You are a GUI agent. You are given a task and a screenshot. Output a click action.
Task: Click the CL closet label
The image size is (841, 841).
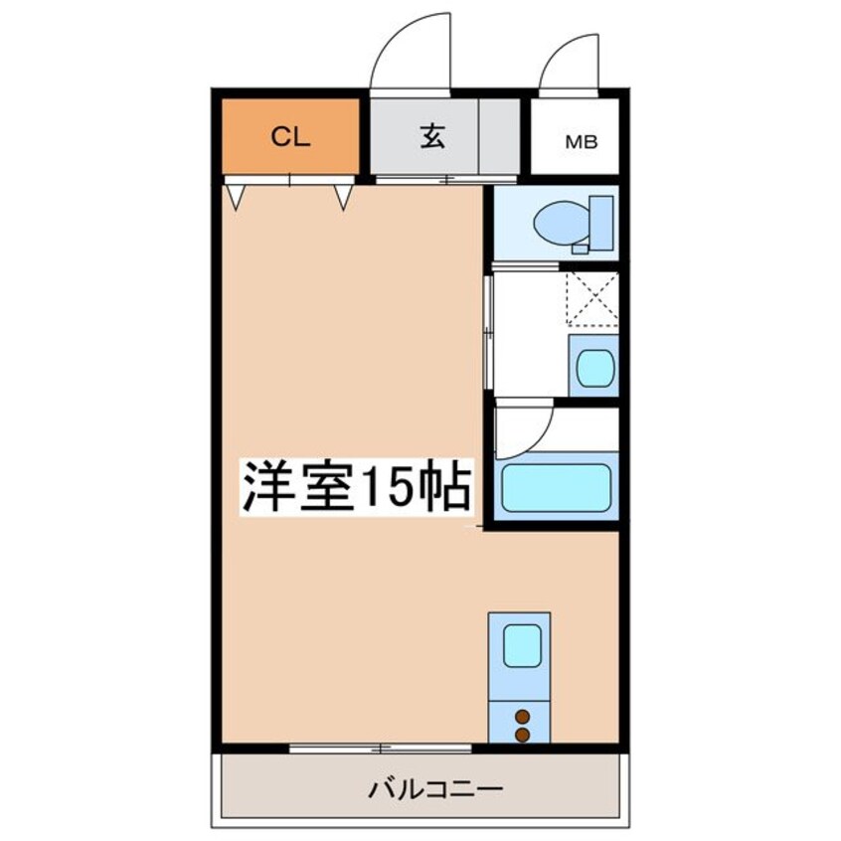click(292, 138)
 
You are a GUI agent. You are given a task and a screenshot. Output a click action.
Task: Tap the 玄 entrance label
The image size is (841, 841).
click(430, 137)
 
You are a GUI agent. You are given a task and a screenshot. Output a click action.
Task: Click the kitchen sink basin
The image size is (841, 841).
click(521, 646)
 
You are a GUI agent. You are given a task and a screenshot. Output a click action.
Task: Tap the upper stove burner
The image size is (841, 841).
click(521, 714)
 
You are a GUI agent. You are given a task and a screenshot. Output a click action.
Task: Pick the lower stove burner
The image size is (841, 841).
click(521, 734)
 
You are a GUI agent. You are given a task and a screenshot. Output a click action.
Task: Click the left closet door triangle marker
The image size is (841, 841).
click(236, 196)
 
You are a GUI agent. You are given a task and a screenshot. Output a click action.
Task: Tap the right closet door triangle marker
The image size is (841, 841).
click(343, 196)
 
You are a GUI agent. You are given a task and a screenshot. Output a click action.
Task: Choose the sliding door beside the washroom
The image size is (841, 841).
click(488, 333)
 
